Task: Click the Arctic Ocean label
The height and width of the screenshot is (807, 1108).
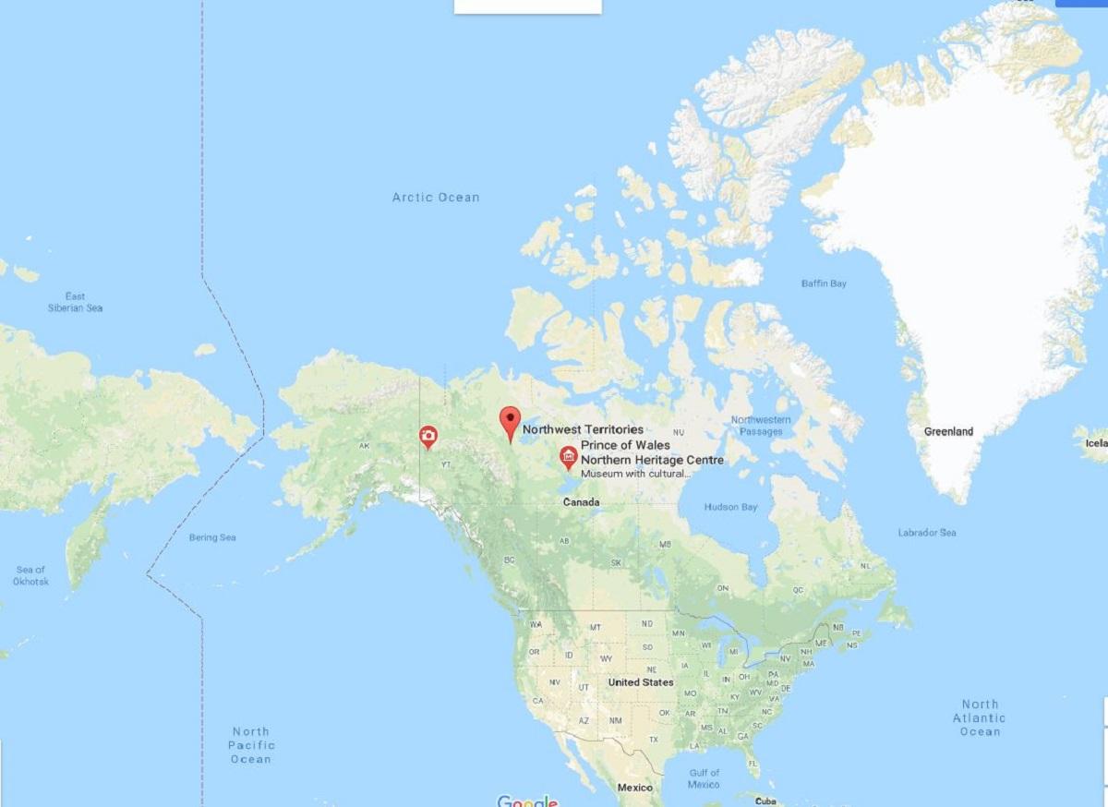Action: point(436,197)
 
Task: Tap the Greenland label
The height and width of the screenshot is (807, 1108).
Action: point(948,431)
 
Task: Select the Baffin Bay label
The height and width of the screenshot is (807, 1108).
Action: point(824,283)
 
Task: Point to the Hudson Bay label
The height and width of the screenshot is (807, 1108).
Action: point(730,507)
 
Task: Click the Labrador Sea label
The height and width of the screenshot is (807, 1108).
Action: point(927,533)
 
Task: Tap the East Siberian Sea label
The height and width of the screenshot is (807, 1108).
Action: point(76,302)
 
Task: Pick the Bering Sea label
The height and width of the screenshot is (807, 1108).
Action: point(212,537)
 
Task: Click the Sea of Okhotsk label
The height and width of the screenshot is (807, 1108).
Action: point(31,575)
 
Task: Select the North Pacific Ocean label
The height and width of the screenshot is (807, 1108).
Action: point(250,745)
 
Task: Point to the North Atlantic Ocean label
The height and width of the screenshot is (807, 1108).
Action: point(980,717)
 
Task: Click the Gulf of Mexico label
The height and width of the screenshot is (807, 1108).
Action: point(704,778)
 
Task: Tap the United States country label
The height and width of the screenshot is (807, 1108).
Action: point(641,682)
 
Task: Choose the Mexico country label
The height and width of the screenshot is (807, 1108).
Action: point(634,788)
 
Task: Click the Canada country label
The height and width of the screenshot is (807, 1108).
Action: point(583,502)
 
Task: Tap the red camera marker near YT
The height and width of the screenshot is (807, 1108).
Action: point(428,435)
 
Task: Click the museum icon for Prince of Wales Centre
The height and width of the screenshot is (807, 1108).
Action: point(568,455)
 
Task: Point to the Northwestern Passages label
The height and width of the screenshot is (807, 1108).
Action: point(761,426)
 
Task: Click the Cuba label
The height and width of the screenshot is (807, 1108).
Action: point(764,801)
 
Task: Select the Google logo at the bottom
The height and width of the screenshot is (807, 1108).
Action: point(527,801)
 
